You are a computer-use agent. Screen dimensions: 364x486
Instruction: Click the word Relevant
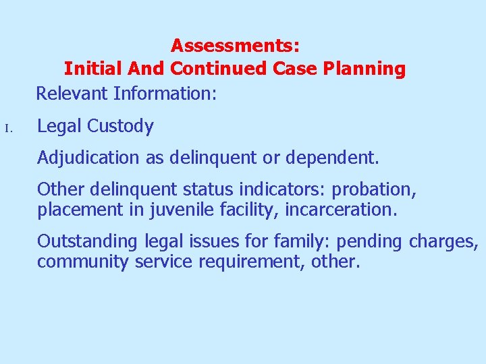point(72,93)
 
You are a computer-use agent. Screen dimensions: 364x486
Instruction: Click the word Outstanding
point(88,241)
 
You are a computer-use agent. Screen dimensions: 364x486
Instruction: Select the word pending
point(370,241)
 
